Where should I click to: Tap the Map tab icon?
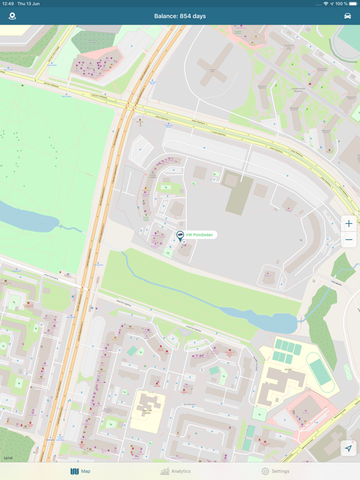click(74, 471)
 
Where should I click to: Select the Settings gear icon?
click(265, 471)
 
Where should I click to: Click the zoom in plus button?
click(349, 224)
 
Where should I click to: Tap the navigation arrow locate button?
click(348, 448)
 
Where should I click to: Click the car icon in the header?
click(347, 16)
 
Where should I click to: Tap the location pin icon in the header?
click(12, 16)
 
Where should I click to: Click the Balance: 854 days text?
click(179, 16)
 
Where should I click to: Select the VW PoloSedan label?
click(199, 235)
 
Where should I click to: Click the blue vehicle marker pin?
click(180, 236)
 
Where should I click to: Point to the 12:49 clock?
click(7, 4)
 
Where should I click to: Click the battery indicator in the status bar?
click(354, 4)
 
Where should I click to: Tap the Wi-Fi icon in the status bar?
click(326, 4)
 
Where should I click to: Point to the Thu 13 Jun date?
click(29, 4)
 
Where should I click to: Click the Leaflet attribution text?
click(8, 458)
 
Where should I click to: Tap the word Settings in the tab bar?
click(281, 471)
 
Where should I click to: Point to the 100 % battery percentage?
click(342, 4)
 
